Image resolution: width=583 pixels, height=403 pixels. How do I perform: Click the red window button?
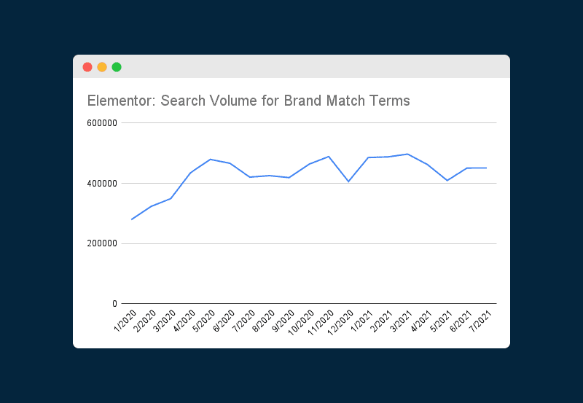[87, 67]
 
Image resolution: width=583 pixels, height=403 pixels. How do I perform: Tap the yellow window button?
[102, 67]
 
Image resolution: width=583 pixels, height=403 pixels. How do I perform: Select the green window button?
[117, 67]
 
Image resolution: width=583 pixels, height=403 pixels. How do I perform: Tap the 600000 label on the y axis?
[103, 123]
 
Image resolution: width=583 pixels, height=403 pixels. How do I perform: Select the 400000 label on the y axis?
[103, 184]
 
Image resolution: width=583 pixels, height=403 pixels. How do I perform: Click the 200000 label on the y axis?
[103, 243]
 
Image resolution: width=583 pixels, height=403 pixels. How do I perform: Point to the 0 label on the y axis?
[114, 303]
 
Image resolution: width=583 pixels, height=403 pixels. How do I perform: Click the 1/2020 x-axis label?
[125, 318]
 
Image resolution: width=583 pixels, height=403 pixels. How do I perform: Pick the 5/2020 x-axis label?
[204, 318]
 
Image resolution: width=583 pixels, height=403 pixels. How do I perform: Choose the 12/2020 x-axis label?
[340, 320]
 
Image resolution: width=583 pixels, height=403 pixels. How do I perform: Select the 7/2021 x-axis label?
[480, 318]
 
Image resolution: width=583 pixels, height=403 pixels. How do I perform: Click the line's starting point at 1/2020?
[132, 219]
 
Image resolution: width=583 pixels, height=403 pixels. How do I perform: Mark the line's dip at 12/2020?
[348, 181]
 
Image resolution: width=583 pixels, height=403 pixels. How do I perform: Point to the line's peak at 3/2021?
[407, 154]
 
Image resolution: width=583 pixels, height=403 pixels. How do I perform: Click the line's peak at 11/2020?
[329, 157]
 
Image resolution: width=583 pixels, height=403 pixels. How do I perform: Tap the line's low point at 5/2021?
[447, 180]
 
